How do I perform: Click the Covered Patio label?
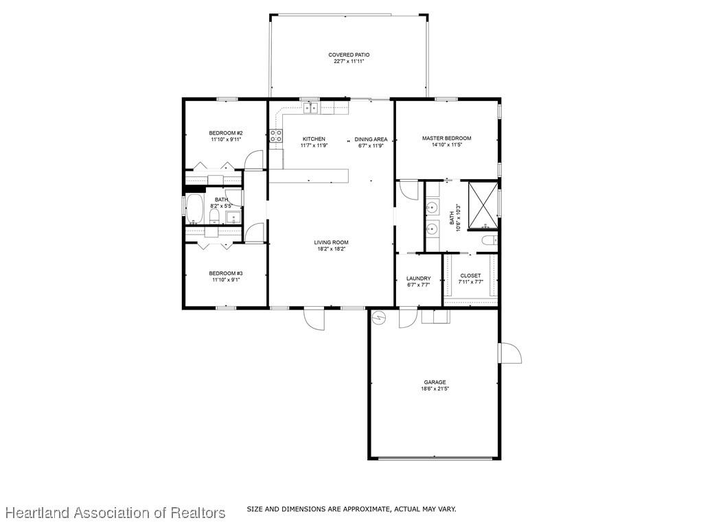pyautogui.click(x=349, y=55)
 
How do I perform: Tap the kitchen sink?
pyautogui.click(x=311, y=108)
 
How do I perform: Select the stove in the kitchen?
pyautogui.click(x=276, y=136)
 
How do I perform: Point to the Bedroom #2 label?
pyautogui.click(x=226, y=133)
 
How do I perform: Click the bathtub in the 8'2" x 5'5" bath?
pyautogui.click(x=194, y=209)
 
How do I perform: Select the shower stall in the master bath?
pyautogui.click(x=483, y=205)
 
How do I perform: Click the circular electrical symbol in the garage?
pyautogui.click(x=379, y=317)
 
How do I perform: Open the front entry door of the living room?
pyautogui.click(x=314, y=319)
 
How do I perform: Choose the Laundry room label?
pyautogui.click(x=418, y=279)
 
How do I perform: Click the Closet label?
pyautogui.click(x=470, y=276)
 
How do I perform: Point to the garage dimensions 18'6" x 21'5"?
pyautogui.click(x=435, y=389)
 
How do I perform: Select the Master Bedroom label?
pyautogui.click(x=446, y=139)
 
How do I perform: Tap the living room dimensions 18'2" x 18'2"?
pyautogui.click(x=332, y=248)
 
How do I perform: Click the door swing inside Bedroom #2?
pyautogui.click(x=254, y=161)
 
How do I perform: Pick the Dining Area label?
pyautogui.click(x=371, y=139)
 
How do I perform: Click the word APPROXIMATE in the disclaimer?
pyautogui.click(x=366, y=509)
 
